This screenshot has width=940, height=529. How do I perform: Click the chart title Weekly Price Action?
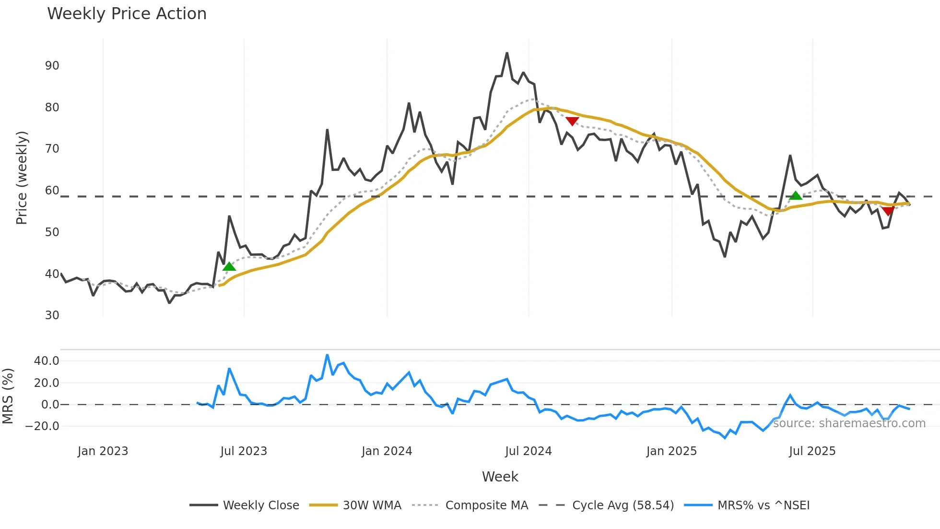[x=127, y=14]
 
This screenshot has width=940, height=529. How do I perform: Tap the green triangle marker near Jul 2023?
[x=229, y=266]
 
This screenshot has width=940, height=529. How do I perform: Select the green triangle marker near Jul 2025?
[x=796, y=195]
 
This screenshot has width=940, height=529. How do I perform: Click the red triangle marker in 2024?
[x=572, y=121]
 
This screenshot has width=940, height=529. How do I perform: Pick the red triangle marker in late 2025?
[x=888, y=211]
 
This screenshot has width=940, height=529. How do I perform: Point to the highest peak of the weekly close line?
[x=507, y=53]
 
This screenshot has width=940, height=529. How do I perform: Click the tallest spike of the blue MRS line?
[x=327, y=355]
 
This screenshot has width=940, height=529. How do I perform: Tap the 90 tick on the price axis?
[x=52, y=66]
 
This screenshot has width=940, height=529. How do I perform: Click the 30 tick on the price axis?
[x=52, y=315]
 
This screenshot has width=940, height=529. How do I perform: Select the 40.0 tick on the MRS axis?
[x=47, y=361]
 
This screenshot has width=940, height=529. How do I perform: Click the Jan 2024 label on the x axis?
[x=387, y=451]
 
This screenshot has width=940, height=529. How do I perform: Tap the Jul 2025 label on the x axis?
[x=812, y=451]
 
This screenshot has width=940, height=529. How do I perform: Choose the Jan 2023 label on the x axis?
[x=103, y=451]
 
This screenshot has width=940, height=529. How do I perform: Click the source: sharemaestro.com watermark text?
[x=849, y=423]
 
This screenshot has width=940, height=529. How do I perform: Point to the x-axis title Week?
[x=500, y=477]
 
